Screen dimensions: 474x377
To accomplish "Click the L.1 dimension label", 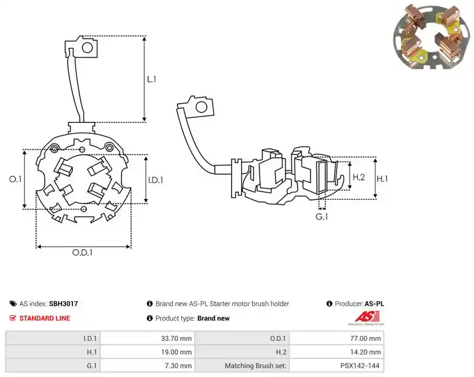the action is click(x=152, y=79).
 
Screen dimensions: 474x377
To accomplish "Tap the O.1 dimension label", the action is click(x=15, y=179).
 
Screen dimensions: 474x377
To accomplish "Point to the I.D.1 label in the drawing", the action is click(x=155, y=180).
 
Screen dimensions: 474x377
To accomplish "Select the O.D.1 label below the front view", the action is click(x=82, y=252).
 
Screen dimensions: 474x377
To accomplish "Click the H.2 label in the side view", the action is click(x=359, y=177).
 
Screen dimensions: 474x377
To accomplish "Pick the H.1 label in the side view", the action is click(x=382, y=179).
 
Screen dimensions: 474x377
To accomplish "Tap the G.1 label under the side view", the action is click(x=322, y=217).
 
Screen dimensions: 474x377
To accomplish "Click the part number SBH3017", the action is click(x=63, y=304).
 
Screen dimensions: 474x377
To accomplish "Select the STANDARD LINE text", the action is click(x=45, y=318).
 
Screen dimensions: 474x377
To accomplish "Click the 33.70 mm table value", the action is click(x=176, y=339).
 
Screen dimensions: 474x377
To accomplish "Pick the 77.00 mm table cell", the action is click(x=366, y=339).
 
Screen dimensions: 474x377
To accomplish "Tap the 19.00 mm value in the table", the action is click(x=176, y=352).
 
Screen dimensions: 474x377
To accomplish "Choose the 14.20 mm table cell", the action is click(x=366, y=352).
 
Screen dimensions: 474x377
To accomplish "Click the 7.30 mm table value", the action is click(x=178, y=366).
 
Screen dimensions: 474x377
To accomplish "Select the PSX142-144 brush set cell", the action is click(x=360, y=366).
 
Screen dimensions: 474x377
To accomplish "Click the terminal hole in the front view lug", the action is click(x=87, y=48).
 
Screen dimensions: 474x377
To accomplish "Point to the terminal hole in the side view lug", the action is click(x=201, y=107).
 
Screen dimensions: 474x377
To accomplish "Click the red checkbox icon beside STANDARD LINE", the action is click(x=12, y=318).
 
